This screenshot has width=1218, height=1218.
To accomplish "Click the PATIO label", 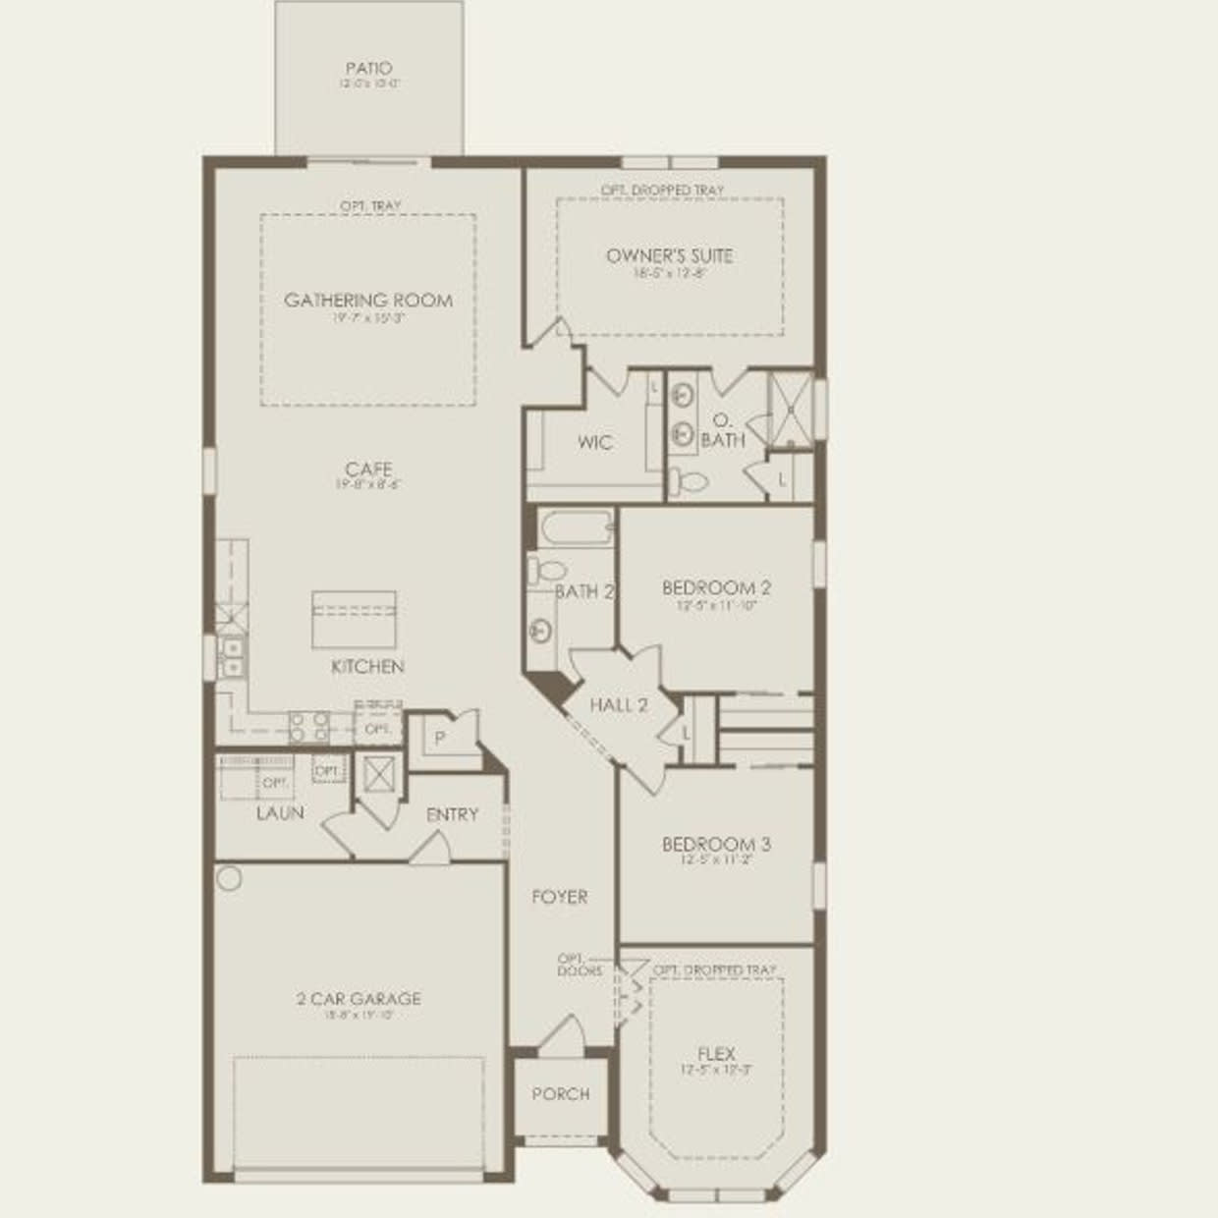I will coord(368,69).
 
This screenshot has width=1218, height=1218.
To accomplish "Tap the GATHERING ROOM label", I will coord(368,301).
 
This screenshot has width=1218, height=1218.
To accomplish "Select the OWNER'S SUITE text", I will coord(669,256).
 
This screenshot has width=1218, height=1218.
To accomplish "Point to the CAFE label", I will coord(368,470).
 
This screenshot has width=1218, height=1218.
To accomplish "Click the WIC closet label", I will coord(594,443).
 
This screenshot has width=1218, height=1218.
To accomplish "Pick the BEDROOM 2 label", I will coord(716,588).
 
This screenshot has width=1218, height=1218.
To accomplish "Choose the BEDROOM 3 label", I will coord(716,845).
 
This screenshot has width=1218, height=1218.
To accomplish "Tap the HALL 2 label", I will coord(619,705).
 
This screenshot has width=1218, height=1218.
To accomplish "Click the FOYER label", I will coord(560,897).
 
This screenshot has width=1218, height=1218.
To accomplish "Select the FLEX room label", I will coord(716,1054).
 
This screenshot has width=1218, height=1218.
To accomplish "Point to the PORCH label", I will coord(561,1094).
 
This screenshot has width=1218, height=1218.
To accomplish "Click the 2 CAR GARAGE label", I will coord(359,999).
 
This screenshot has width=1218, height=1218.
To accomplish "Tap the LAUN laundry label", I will coord(280,813).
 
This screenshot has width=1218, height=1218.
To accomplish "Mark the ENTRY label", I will coord(452,815).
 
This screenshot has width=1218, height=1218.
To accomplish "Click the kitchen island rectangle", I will coord(354,620).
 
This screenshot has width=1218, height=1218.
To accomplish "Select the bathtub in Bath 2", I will coord(576,528).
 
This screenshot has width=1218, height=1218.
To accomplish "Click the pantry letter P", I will coord(440,738).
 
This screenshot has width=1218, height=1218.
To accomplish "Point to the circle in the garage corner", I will coord(229,878).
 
